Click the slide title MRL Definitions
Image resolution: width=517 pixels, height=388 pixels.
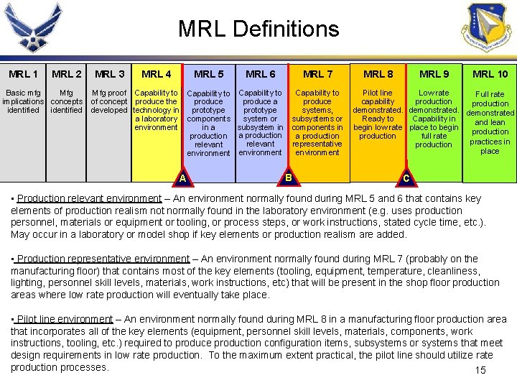[258, 29]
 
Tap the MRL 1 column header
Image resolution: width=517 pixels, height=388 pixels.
[24, 74]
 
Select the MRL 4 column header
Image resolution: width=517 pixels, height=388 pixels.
[157, 74]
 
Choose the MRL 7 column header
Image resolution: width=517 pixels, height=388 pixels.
[317, 74]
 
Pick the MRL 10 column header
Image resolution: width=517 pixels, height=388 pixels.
[490, 74]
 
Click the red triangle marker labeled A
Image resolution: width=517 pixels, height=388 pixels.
[183, 177]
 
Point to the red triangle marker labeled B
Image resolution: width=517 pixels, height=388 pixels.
[289, 177]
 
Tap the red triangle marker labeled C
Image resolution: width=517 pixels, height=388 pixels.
[406, 177]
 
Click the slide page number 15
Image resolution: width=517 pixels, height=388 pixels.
[480, 370]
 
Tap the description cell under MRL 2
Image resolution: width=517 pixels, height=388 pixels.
[66, 101]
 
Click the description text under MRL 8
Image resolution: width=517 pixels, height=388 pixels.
[378, 114]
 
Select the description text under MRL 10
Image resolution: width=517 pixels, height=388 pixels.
[490, 122]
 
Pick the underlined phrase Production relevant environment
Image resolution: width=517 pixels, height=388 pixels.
[89, 198]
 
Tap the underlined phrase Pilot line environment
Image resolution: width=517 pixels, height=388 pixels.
[65, 319]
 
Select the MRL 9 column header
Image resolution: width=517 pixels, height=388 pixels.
[434, 74]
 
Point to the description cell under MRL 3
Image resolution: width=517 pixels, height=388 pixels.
[109, 101]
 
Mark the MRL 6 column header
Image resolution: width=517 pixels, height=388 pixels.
[260, 74]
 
